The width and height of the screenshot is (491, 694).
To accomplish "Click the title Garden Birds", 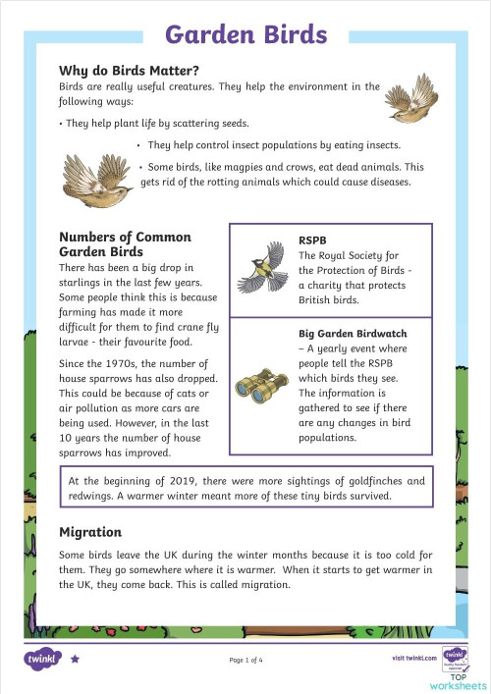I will pyautogui.click(x=245, y=34).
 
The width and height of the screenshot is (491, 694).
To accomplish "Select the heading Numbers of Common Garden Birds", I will pyautogui.click(x=125, y=244).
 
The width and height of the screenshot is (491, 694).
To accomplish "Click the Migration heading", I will pyautogui.click(x=90, y=532).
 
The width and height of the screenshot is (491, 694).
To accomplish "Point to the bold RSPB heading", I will pyautogui.click(x=313, y=239).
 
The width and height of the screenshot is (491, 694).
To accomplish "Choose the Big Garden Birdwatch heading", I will pyautogui.click(x=353, y=334).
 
